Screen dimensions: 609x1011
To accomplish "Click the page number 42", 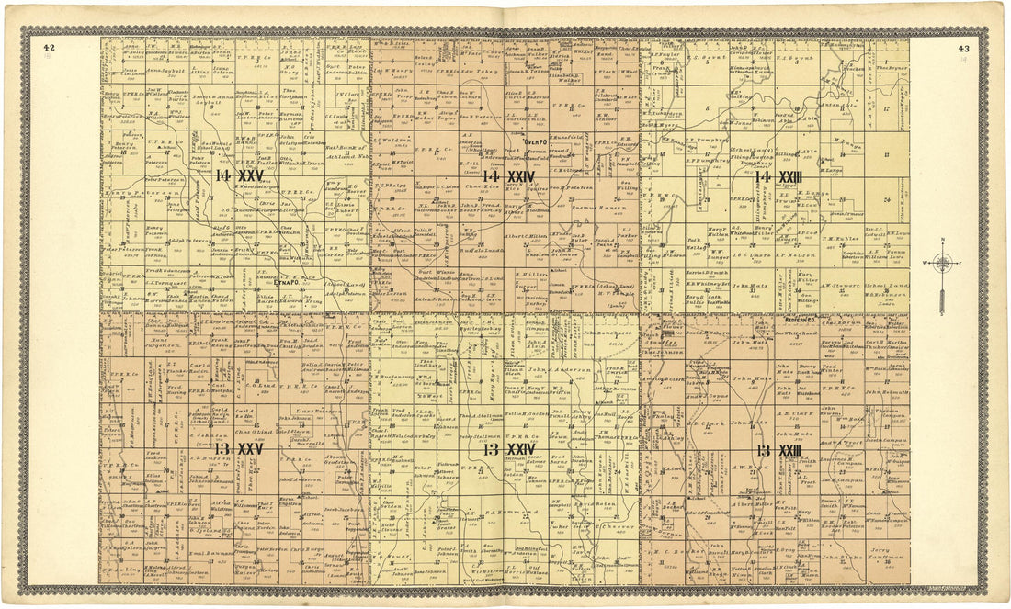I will [49, 48].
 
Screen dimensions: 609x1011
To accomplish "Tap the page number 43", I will [963, 49].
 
